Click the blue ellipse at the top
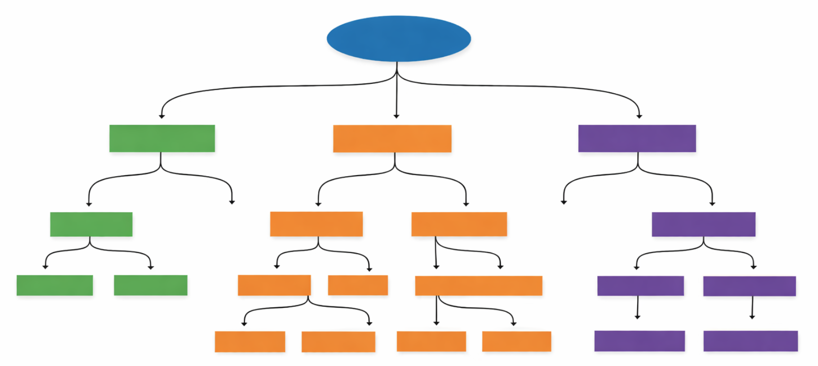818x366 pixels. (398, 38)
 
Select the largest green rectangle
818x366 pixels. (162, 138)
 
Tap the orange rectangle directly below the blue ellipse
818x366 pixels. (392, 139)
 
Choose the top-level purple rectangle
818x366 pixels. (637, 138)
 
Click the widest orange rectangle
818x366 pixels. (478, 286)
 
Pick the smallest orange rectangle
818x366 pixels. (358, 285)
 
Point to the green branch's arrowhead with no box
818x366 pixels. (232, 201)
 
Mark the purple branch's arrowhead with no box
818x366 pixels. (564, 201)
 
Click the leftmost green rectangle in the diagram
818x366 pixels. (54, 285)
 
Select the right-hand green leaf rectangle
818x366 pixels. (150, 285)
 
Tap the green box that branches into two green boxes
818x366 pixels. (91, 224)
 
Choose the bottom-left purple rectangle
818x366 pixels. (639, 341)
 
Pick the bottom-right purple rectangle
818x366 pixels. (750, 341)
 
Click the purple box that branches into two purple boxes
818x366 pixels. (703, 224)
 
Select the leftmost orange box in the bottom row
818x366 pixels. (249, 341)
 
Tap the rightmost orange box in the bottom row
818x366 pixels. (516, 341)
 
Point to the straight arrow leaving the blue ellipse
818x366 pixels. (396, 94)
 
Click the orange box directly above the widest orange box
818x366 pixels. (459, 224)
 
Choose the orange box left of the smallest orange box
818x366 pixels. (274, 285)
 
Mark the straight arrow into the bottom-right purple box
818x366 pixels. (752, 307)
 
